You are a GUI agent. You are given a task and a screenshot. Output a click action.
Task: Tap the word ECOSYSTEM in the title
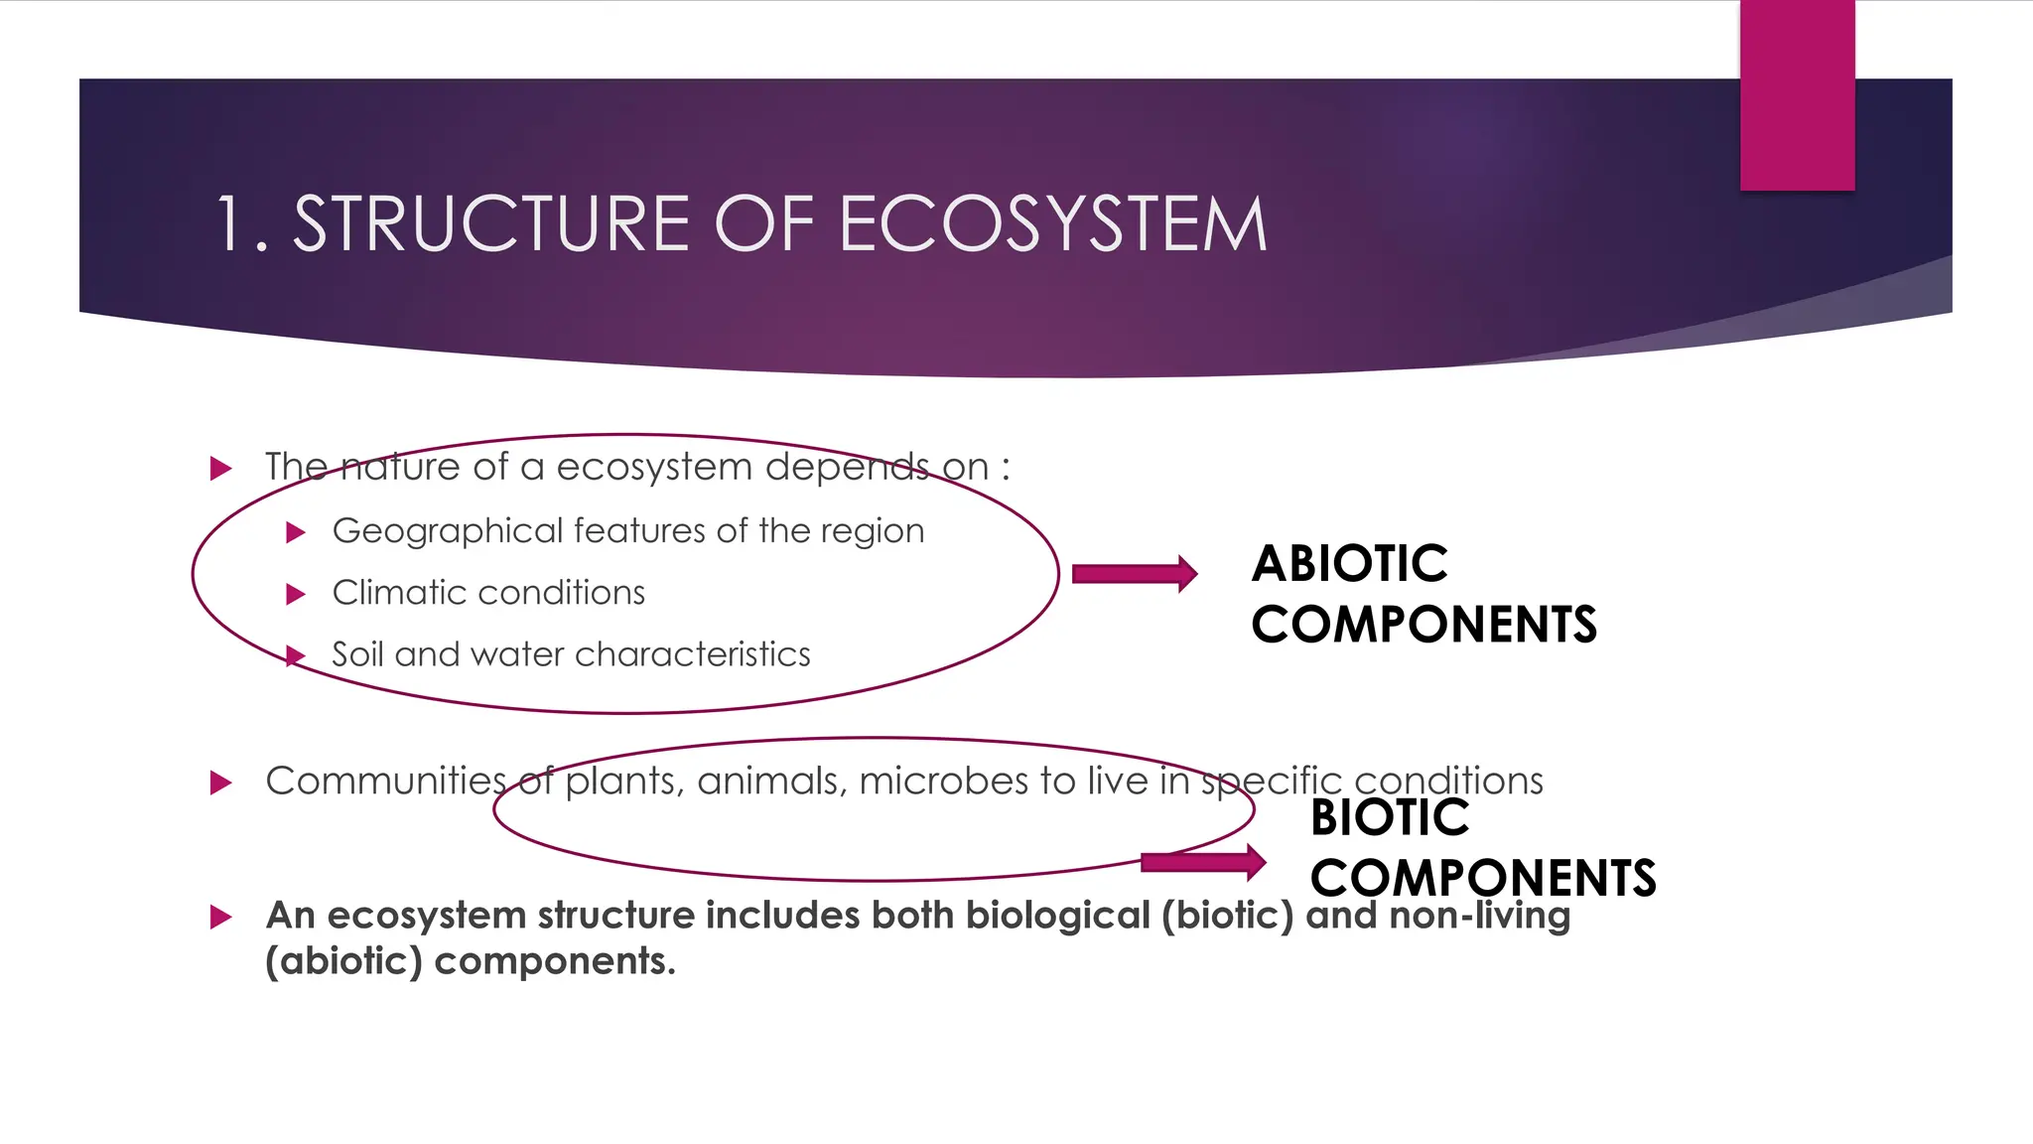coord(1053,224)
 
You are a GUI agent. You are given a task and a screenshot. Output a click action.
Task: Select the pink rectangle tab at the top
coord(1797,95)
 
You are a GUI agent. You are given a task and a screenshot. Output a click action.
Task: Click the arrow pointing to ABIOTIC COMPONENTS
coord(1135,573)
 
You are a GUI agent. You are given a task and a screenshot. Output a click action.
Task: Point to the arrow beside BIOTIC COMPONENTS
coord(1203,861)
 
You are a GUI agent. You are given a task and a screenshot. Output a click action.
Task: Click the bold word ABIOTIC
coord(1349,564)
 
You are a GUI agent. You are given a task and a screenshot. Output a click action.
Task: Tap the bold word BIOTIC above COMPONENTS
coord(1389,818)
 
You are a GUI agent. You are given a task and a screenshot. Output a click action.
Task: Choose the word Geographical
coord(448,532)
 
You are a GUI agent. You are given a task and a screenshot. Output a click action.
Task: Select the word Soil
coord(357,654)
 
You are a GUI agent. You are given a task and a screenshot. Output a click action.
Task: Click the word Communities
coord(385,782)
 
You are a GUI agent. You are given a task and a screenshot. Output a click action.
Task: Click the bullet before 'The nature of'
coord(220,468)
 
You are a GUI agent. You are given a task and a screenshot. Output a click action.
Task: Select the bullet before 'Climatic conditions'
coord(295,594)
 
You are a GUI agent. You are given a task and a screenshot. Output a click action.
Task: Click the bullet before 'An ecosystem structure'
coord(220,917)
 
